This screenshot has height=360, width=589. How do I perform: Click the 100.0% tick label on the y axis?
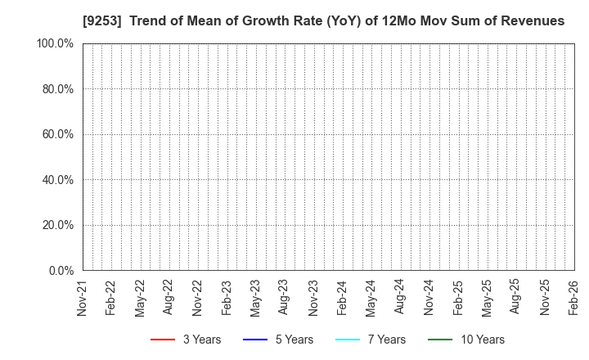(x=54, y=43)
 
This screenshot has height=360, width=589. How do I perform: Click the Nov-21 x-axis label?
(x=82, y=298)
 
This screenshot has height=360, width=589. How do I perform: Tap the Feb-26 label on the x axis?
(x=574, y=298)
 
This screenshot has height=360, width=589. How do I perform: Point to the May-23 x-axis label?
(x=255, y=298)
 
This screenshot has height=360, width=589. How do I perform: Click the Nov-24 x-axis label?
(x=429, y=298)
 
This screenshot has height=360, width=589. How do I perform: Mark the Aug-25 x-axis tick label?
(x=515, y=298)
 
